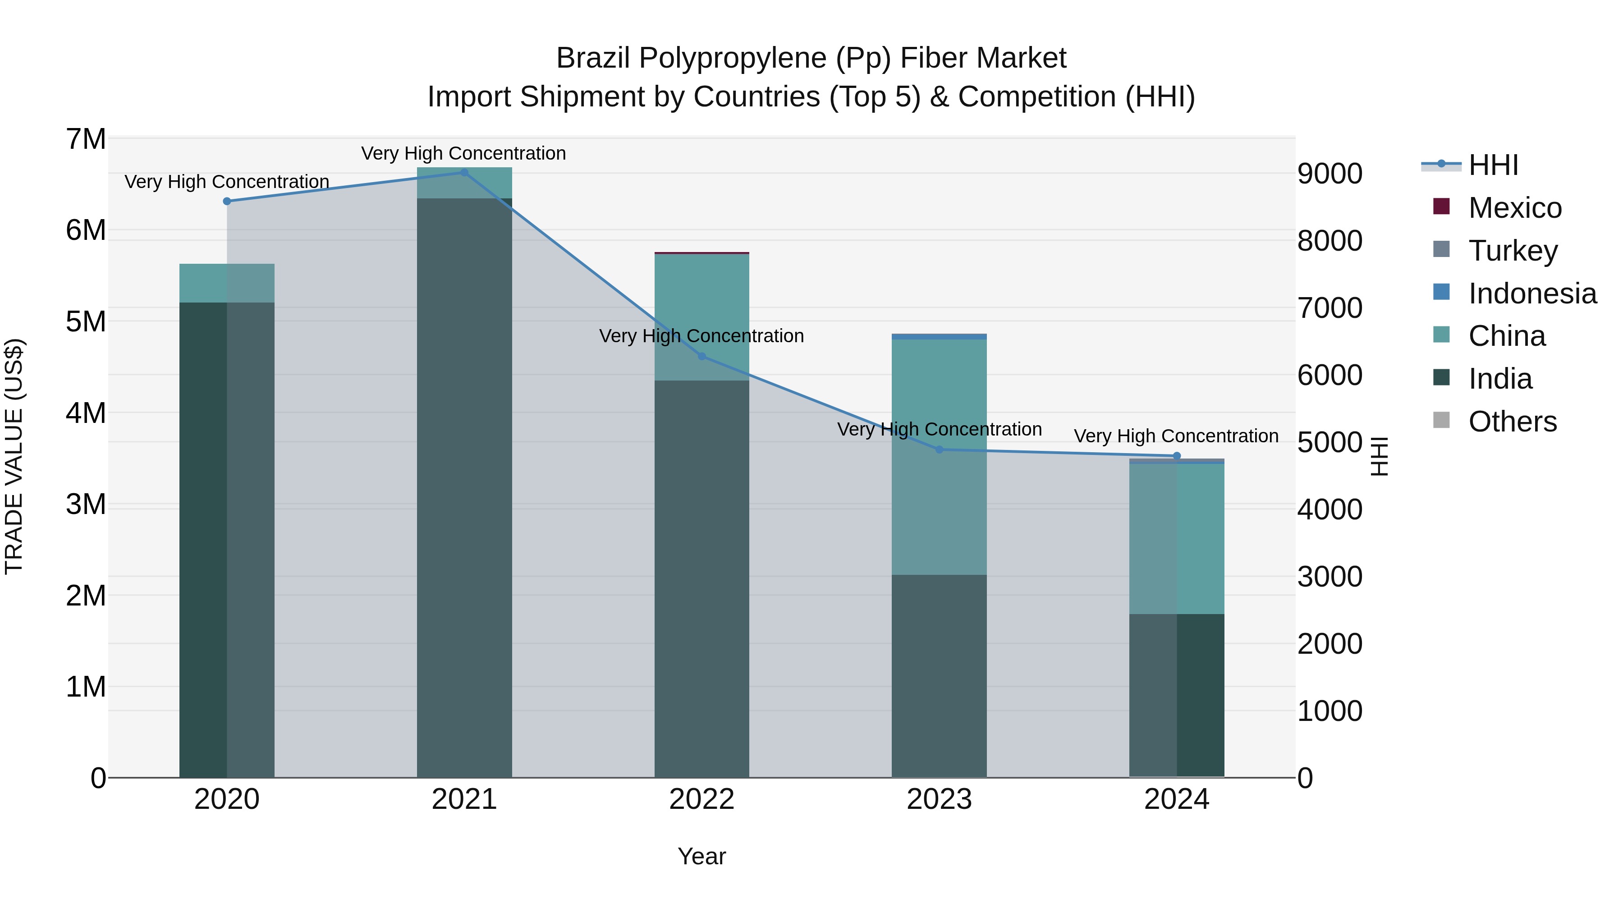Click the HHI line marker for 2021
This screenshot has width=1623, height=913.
point(464,172)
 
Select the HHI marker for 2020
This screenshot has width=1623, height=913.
point(227,201)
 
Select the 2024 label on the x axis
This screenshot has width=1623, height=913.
point(1176,799)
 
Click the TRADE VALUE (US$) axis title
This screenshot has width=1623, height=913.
point(14,456)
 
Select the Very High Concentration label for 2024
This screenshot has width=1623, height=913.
point(1176,436)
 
